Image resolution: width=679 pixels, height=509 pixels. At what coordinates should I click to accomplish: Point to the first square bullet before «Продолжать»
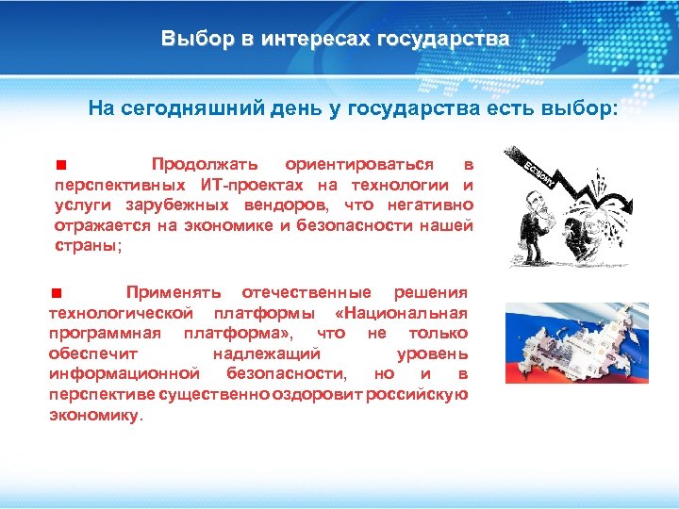(x=58, y=165)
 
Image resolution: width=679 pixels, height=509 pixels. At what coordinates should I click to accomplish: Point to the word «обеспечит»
(x=93, y=353)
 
